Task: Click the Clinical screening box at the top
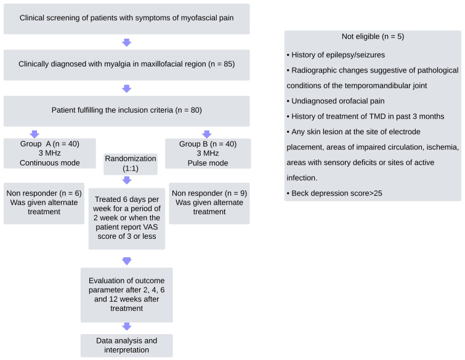[x=126, y=19]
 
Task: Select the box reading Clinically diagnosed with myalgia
[x=126, y=65]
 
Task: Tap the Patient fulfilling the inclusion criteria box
[x=126, y=111]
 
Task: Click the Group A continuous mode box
[x=43, y=153]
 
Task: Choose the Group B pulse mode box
[x=208, y=153]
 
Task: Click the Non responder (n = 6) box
[x=43, y=203]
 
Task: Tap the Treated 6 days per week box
[x=126, y=218]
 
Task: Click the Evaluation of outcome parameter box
[x=126, y=295]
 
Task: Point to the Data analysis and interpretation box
[x=126, y=345]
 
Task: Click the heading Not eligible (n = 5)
[x=373, y=37]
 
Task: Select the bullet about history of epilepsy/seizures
[x=336, y=55]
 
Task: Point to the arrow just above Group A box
[x=34, y=134]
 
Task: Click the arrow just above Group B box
[x=207, y=134]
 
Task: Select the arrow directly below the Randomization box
[x=126, y=180]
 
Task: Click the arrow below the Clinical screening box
[x=126, y=42]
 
